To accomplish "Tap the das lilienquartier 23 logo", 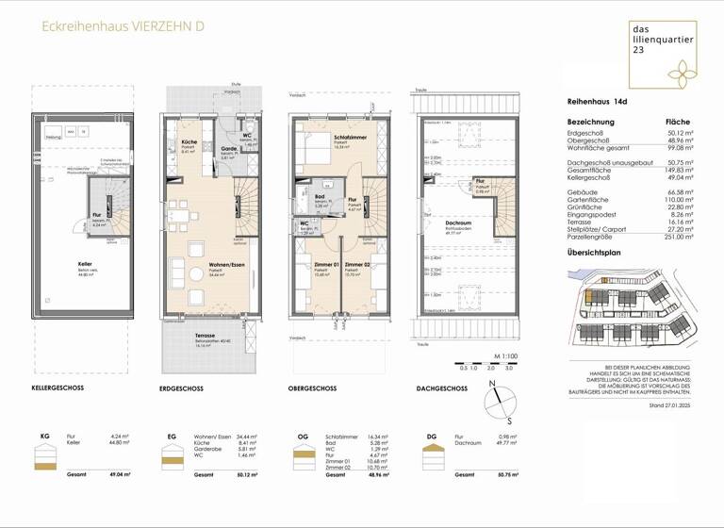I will click(663, 55).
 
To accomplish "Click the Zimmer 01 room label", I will click(324, 265).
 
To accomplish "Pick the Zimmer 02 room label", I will click(358, 265).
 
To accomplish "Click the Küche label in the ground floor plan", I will click(189, 143).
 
